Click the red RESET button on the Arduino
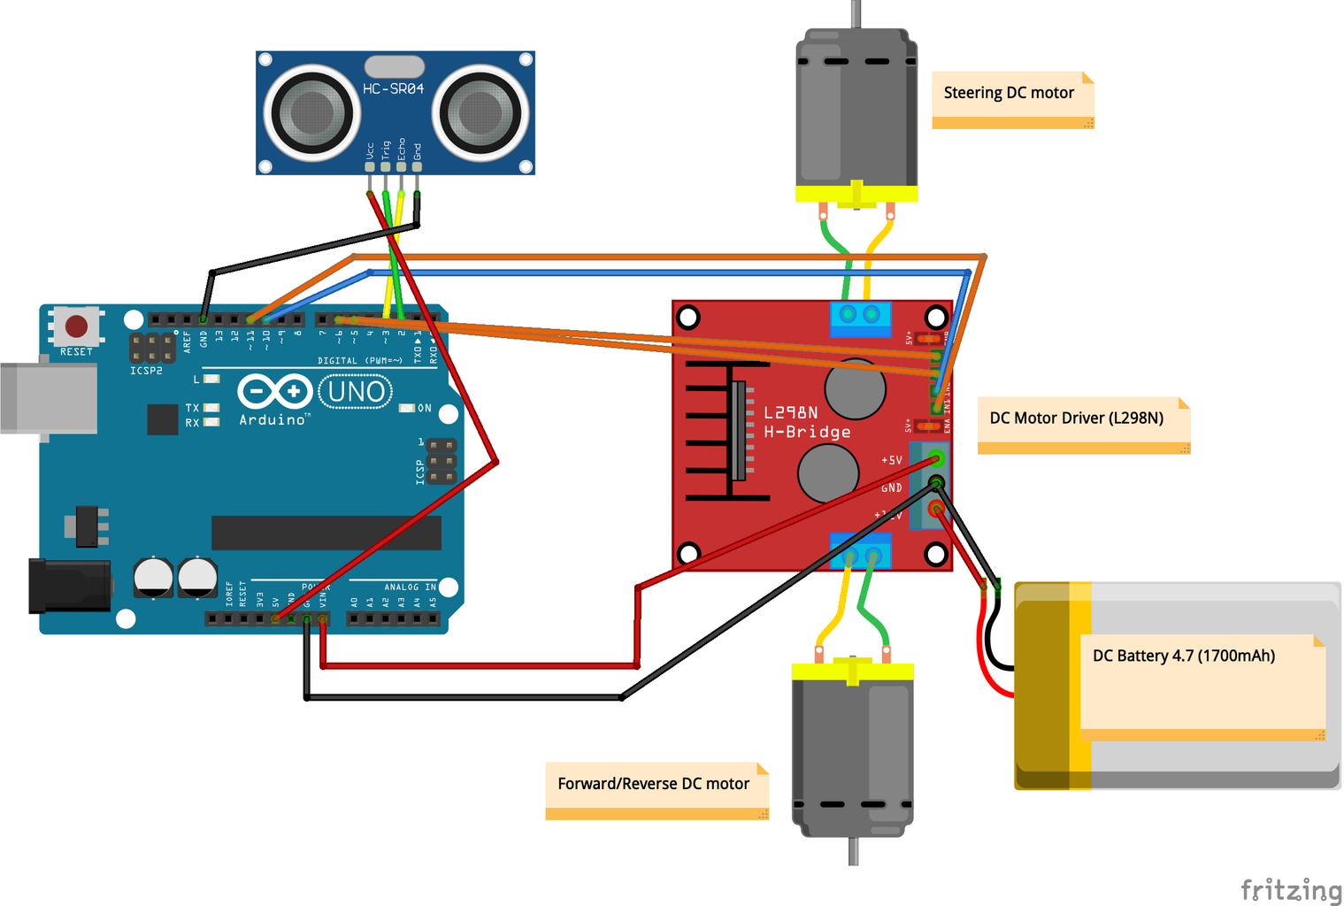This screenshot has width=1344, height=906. click(x=77, y=326)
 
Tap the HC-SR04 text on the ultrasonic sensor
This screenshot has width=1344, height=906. click(x=394, y=88)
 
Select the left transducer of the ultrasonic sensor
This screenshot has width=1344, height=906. click(x=312, y=112)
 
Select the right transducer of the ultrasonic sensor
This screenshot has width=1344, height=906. click(x=480, y=112)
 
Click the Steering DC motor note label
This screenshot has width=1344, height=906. click(x=1009, y=93)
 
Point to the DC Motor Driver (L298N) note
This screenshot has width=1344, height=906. click(x=1076, y=418)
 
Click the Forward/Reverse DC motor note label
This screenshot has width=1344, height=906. click(x=653, y=784)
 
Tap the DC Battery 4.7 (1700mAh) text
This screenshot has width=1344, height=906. click(x=1183, y=656)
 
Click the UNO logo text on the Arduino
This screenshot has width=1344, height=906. click(x=356, y=391)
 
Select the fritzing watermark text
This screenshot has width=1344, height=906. click(x=1290, y=889)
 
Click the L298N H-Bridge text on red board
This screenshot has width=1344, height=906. click(x=806, y=422)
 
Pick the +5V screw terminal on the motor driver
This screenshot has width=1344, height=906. click(x=936, y=459)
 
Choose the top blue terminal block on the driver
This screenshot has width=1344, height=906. click(x=859, y=316)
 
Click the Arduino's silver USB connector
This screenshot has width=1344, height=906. click(x=49, y=398)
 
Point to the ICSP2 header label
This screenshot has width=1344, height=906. click(x=146, y=371)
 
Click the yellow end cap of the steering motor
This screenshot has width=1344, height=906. click(x=856, y=194)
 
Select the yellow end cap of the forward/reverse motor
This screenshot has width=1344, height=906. click(x=852, y=672)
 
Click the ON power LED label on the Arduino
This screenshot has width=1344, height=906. click(x=425, y=408)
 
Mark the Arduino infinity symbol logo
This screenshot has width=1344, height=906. click(x=274, y=390)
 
